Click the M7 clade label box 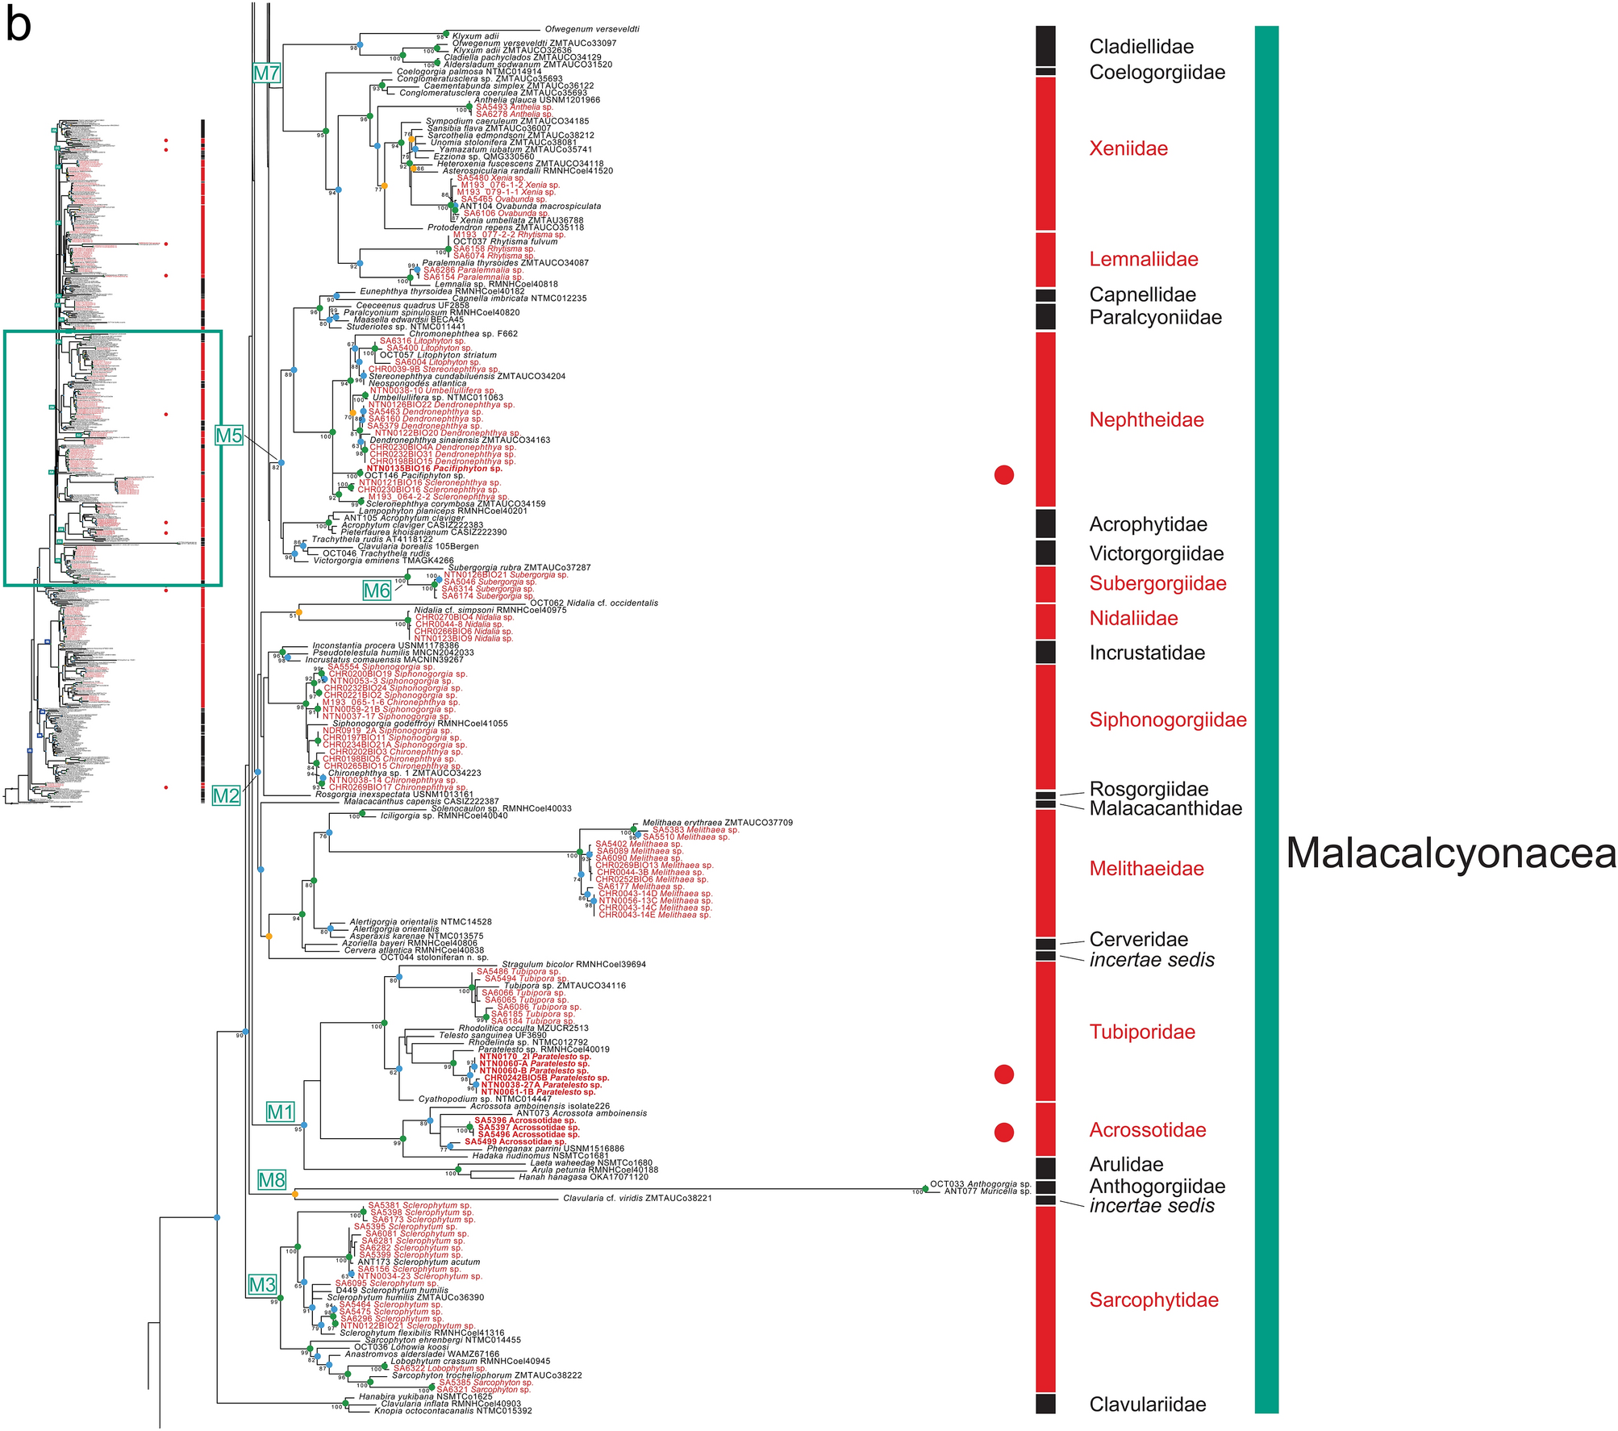click(266, 73)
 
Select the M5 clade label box click(229, 436)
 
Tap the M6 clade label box click(377, 590)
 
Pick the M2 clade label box click(226, 796)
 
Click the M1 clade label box click(280, 1112)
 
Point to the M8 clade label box click(272, 1180)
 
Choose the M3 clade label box click(262, 1285)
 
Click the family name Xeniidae click(1128, 148)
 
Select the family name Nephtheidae click(1146, 419)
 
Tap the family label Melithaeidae click(1146, 869)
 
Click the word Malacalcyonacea click(1450, 853)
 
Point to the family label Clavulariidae click(1147, 1404)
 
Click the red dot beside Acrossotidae click(1003, 1133)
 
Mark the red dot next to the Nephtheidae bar click(1003, 475)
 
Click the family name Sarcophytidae click(1153, 1300)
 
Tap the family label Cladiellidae click(1141, 47)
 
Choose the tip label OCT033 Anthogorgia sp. click(980, 1184)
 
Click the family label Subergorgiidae click(1157, 583)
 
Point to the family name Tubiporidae click(1142, 1032)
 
